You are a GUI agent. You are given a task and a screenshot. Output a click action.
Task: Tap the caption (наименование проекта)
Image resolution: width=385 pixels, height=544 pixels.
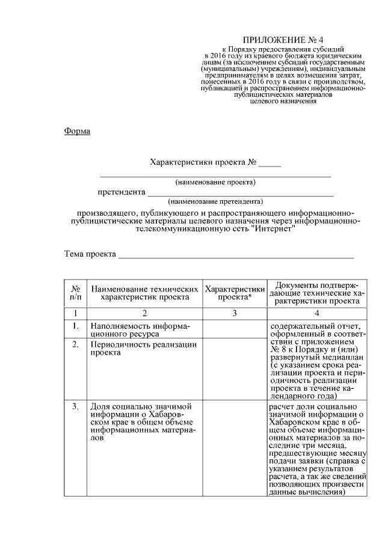[215, 182]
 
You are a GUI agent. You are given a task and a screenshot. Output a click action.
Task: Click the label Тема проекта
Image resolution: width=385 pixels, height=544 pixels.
[90, 254]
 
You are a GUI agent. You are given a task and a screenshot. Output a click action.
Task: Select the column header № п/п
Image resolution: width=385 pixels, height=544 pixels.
[76, 293]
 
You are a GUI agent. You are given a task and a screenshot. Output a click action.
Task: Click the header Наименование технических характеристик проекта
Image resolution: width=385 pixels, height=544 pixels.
[145, 293]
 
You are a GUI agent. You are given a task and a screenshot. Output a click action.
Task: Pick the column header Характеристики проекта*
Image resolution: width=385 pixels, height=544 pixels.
[235, 293]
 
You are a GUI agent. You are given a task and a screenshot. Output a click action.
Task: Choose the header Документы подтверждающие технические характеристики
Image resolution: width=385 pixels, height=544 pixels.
[316, 293]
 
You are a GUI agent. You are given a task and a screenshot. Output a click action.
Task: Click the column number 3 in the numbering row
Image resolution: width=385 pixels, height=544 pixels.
[235, 313]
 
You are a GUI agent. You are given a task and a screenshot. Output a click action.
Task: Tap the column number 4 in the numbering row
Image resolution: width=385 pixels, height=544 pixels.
[316, 313]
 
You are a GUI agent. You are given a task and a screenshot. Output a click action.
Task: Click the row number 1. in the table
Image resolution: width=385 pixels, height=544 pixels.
[76, 326]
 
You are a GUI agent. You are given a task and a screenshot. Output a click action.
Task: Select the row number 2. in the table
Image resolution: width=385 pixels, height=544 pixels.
[76, 344]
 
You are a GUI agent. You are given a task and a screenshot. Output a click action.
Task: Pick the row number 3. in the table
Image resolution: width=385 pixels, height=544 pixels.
[76, 407]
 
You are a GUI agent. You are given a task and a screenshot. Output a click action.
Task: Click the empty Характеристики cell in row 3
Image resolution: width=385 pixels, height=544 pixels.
[235, 448]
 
